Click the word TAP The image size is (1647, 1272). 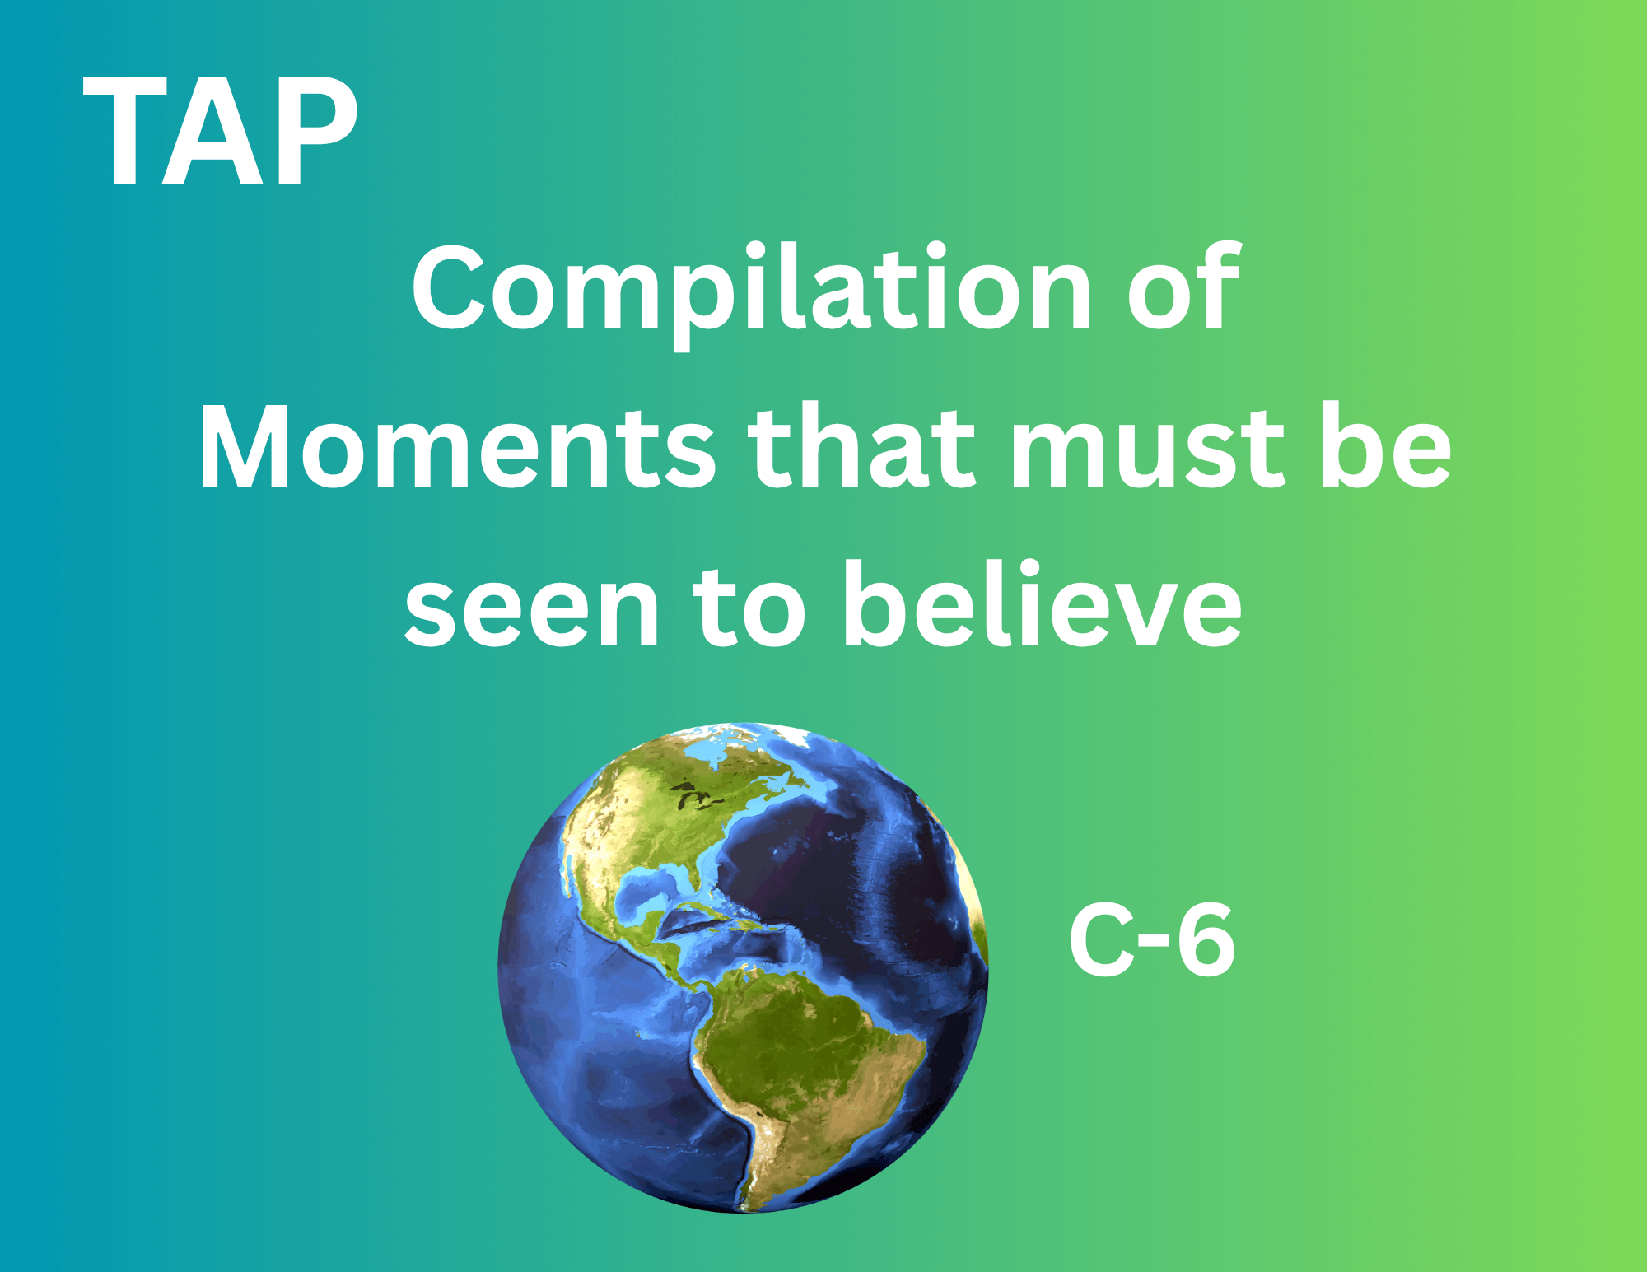tap(221, 132)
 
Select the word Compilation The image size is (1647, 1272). tap(752, 295)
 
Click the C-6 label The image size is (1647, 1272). tap(1151, 939)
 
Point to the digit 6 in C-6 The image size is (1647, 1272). tap(1206, 939)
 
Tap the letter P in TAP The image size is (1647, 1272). tap(318, 132)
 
